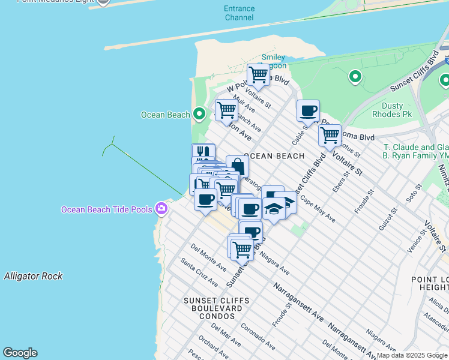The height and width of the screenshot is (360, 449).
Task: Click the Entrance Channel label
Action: coord(239,13)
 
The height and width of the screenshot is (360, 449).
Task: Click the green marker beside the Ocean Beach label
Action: coord(199,115)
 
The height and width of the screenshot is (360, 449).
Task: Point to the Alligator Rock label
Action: coord(33,277)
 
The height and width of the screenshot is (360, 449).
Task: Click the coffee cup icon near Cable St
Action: coord(308,111)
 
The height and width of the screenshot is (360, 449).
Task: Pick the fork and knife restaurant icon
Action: coord(203,154)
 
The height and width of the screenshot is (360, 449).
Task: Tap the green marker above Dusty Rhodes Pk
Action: coord(355,77)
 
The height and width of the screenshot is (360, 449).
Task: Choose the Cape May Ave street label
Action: coord(318,209)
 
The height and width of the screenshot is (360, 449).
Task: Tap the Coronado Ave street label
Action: coord(258,337)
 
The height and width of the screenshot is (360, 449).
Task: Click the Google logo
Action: coord(20,353)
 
